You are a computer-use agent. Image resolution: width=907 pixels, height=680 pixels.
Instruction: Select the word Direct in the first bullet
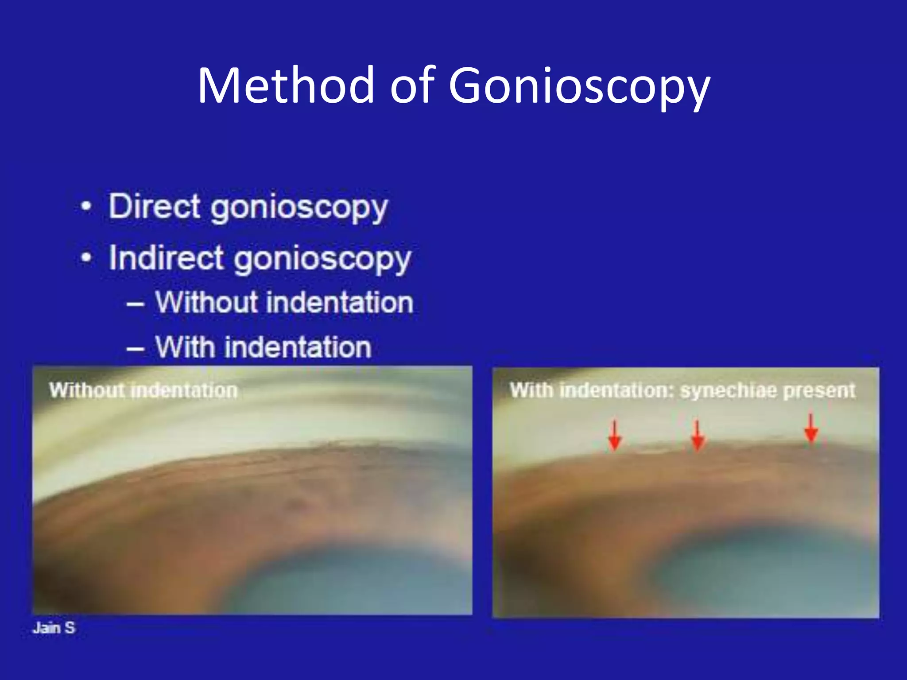click(x=155, y=206)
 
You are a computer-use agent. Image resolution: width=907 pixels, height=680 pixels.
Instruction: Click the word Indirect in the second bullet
click(x=166, y=258)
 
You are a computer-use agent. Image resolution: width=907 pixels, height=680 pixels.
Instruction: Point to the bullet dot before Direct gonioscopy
click(x=86, y=206)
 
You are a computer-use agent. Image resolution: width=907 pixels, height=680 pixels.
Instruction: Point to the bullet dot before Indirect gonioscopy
click(x=86, y=257)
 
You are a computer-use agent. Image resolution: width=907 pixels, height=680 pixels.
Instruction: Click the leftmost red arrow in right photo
click(x=614, y=436)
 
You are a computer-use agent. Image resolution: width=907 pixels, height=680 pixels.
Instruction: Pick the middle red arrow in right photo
click(x=698, y=436)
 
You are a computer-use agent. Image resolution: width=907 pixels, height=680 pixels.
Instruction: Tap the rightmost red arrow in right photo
click(x=810, y=428)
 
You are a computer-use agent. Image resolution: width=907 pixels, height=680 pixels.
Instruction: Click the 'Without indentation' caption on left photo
click(x=143, y=390)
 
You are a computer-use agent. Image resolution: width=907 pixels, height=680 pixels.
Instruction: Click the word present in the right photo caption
click(x=819, y=391)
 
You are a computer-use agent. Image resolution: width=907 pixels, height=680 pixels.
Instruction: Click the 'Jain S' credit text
click(x=54, y=628)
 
